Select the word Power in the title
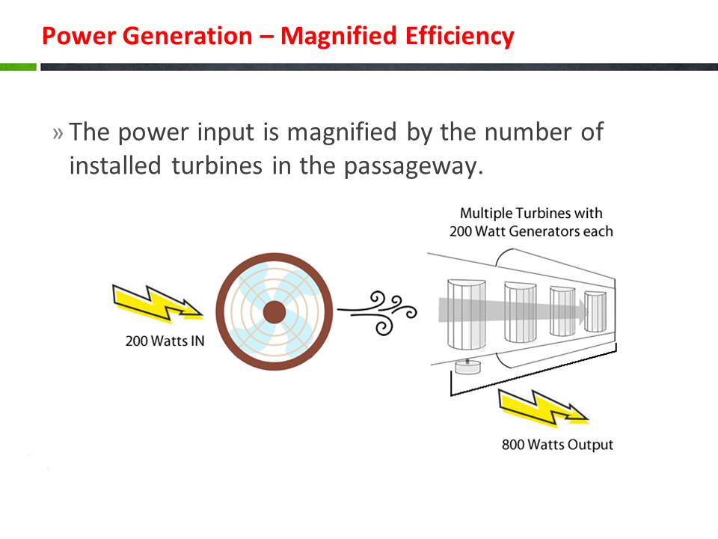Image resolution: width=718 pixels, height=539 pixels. (x=79, y=36)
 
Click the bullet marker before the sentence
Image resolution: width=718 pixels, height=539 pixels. (x=58, y=133)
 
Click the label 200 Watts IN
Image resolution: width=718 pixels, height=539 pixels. (x=165, y=341)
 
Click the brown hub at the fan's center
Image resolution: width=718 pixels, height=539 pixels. (x=274, y=312)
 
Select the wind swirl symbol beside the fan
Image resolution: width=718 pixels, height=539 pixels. (x=377, y=311)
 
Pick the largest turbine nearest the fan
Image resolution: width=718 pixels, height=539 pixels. (x=466, y=314)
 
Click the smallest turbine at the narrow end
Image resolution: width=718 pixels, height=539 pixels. (x=595, y=311)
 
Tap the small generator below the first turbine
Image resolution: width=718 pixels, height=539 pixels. (x=467, y=367)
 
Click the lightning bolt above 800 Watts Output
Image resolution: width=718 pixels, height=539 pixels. (x=543, y=407)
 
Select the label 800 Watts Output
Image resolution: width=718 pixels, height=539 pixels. (x=557, y=445)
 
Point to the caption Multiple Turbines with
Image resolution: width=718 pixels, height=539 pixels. (x=531, y=213)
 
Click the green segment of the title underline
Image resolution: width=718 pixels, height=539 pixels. (x=18, y=67)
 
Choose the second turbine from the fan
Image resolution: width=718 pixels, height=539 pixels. (x=521, y=312)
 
